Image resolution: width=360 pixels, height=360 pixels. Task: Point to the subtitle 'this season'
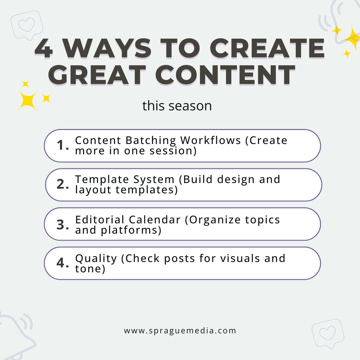point(177,106)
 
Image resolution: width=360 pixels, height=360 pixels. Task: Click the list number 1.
point(62,145)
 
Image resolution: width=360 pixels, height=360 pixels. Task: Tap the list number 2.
point(62,184)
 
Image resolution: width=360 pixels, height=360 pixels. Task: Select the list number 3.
point(62,224)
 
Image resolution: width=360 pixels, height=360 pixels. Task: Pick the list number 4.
point(62,263)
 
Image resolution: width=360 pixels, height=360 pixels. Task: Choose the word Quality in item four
point(96,259)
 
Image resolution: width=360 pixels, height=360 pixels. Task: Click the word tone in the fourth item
point(90,269)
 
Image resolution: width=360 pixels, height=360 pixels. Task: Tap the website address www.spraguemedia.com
point(180,331)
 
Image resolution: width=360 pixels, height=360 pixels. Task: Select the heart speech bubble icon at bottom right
point(328,333)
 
